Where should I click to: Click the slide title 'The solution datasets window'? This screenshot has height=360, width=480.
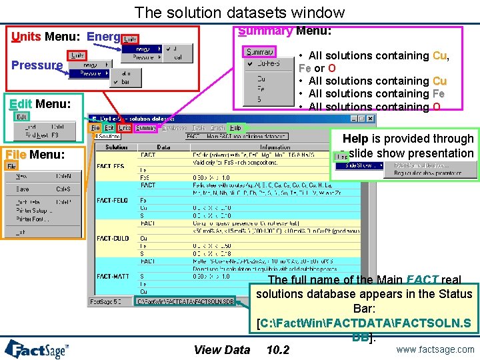(x=239, y=12)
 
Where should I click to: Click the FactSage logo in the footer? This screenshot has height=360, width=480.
(x=43, y=348)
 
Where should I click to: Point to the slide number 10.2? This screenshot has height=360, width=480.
(x=277, y=350)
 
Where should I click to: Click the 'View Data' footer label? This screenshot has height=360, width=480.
(x=221, y=350)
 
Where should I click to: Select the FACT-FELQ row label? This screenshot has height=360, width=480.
(x=112, y=201)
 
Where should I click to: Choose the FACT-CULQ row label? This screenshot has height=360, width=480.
(x=112, y=238)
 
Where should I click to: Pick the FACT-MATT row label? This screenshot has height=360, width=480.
(x=112, y=276)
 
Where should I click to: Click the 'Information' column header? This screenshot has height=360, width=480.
(x=275, y=147)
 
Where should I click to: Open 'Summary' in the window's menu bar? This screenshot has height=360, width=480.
(x=145, y=127)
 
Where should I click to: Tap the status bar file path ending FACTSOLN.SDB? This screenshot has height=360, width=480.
(x=185, y=301)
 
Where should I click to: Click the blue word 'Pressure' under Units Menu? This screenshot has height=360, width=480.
(x=37, y=65)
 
